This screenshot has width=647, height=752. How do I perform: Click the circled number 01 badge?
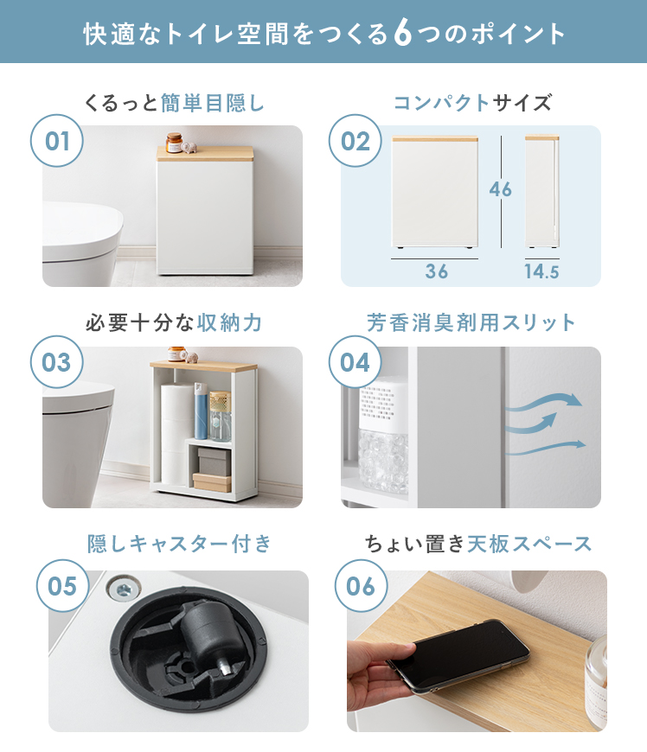pos(56,141)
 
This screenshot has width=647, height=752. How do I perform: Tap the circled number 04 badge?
pos(356,361)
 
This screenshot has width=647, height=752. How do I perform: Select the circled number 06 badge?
pos(361,585)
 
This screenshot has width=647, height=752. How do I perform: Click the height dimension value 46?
pos(501,189)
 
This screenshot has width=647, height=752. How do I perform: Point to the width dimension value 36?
pos(436,271)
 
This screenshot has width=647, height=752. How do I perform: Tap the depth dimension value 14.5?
pos(541,272)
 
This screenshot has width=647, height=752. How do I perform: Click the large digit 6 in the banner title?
pos(403,33)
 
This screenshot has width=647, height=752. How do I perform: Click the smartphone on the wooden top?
pos(458,654)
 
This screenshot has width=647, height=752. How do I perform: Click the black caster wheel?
pos(208,632)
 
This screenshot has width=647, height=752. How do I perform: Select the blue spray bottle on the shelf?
pos(201,411)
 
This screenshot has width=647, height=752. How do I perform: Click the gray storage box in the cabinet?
pos(214,462)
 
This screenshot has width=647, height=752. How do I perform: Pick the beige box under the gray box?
pos(212,482)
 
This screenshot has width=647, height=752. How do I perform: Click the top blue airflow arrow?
pos(544,402)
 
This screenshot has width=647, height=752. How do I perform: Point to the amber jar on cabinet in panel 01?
pos(174,143)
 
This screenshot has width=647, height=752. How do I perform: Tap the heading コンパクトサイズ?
pos(472,103)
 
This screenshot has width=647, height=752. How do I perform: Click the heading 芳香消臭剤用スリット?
pos(471,322)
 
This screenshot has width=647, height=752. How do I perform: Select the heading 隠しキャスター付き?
pos(179,544)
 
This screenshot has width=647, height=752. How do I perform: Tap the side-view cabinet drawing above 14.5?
pos(542,191)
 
